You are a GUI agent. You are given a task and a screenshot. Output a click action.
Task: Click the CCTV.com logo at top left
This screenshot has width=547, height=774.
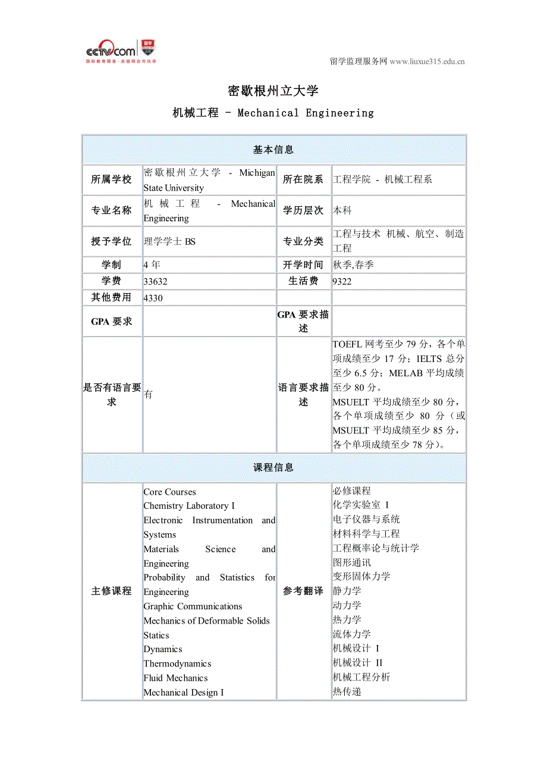[x=121, y=51]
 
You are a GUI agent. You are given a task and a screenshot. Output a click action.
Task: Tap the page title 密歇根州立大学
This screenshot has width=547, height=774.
[x=273, y=91]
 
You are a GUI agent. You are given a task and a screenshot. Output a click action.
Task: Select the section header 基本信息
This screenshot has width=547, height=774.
[x=273, y=150]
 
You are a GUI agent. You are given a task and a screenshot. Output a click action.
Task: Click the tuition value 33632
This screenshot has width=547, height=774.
[x=155, y=282]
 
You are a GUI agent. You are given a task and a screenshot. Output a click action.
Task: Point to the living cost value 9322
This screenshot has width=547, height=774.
[x=342, y=282]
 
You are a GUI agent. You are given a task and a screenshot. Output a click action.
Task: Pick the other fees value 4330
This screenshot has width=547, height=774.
[x=153, y=298]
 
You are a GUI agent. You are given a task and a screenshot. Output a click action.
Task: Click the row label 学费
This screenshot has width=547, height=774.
[x=112, y=281]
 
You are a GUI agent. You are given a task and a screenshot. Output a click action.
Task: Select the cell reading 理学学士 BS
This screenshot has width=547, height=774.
[x=169, y=241]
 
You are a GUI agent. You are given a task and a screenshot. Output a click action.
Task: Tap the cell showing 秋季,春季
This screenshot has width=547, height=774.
[x=353, y=265]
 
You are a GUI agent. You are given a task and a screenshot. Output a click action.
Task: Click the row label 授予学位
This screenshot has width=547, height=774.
[x=112, y=241]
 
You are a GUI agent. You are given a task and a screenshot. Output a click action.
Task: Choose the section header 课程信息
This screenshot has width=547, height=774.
[x=273, y=468]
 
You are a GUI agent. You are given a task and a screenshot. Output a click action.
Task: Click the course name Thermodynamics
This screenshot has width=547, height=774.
[x=177, y=664]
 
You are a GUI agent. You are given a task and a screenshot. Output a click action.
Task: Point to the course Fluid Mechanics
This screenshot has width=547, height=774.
[x=175, y=678]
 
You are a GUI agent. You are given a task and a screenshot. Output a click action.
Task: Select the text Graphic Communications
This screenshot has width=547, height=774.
[x=193, y=607]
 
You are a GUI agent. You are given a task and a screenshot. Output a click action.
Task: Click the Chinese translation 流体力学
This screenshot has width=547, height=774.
[x=352, y=634]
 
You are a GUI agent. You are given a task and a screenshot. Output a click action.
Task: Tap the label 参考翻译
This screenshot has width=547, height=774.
[x=303, y=591]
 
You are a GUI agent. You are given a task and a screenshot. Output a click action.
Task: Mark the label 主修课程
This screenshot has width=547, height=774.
[x=112, y=591]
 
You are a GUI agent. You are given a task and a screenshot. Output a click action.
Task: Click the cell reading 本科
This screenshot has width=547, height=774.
[x=342, y=210]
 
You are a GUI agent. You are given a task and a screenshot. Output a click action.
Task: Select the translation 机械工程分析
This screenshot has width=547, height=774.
[x=361, y=677]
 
